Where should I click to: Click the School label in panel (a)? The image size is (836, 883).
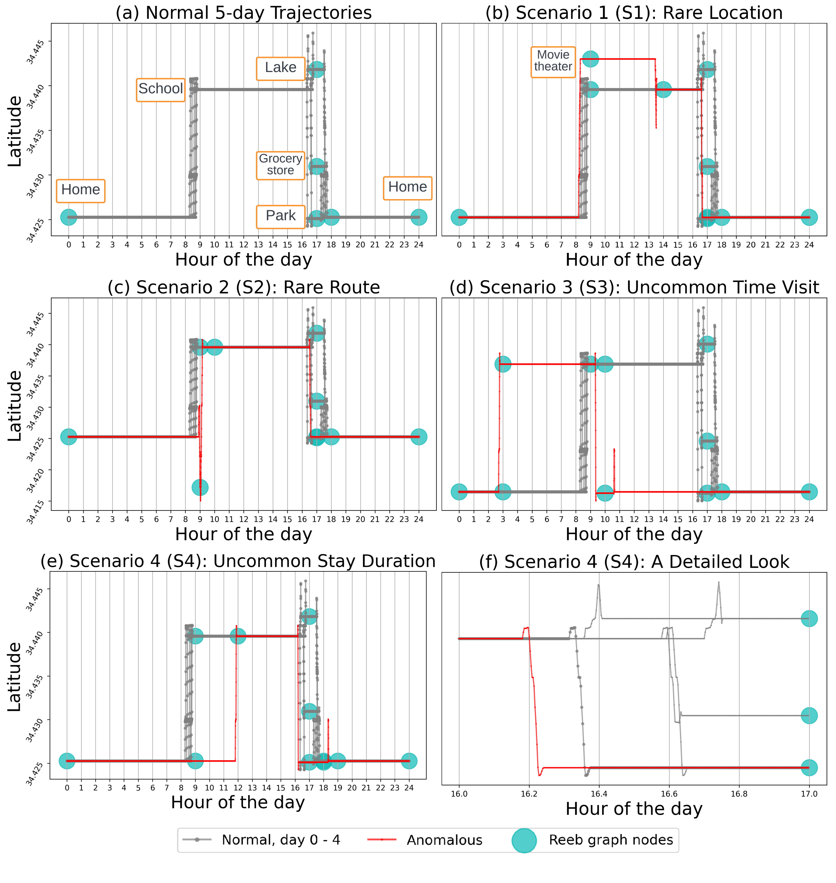(160, 89)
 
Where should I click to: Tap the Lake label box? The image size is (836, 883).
(280, 68)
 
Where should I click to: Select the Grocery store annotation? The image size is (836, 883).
(280, 165)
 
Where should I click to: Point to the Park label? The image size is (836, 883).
(280, 216)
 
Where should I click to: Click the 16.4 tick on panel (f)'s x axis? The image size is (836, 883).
(599, 794)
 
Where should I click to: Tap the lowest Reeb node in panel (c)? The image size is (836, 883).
(200, 487)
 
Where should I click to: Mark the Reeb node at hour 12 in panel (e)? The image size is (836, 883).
(238, 636)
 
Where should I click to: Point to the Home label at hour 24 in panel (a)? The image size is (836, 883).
(407, 187)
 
